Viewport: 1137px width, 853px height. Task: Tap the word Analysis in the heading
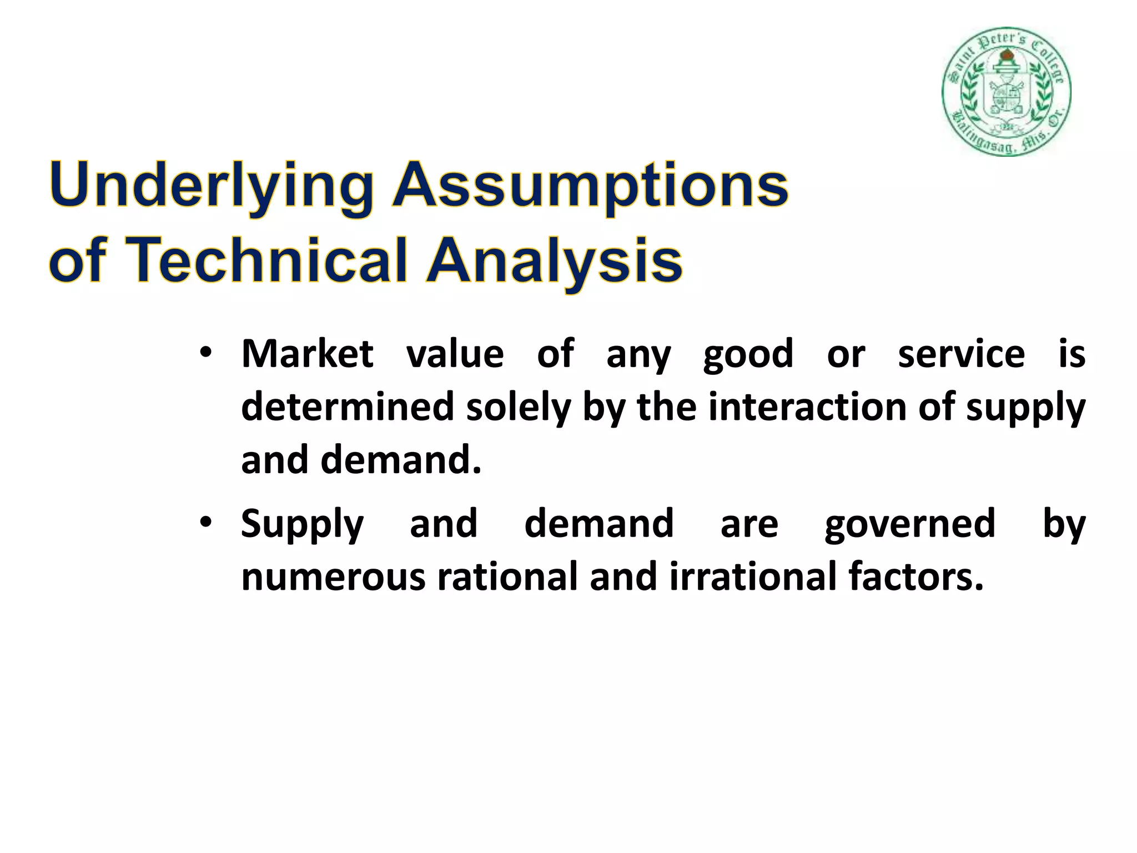pyautogui.click(x=554, y=260)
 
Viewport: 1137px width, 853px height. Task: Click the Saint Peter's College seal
pyautogui.click(x=1006, y=92)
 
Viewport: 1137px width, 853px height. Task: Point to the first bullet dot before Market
pyautogui.click(x=206, y=353)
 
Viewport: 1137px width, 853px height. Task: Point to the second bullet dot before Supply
pyautogui.click(x=206, y=523)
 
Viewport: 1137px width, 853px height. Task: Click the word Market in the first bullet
pyautogui.click(x=307, y=353)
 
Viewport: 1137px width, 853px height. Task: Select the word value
pyautogui.click(x=455, y=353)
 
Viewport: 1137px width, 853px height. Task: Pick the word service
pyautogui.click(x=961, y=353)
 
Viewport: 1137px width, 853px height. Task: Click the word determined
pyautogui.click(x=348, y=407)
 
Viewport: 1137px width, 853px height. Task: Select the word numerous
pyautogui.click(x=333, y=577)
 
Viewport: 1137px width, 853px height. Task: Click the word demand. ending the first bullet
pyautogui.click(x=400, y=460)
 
